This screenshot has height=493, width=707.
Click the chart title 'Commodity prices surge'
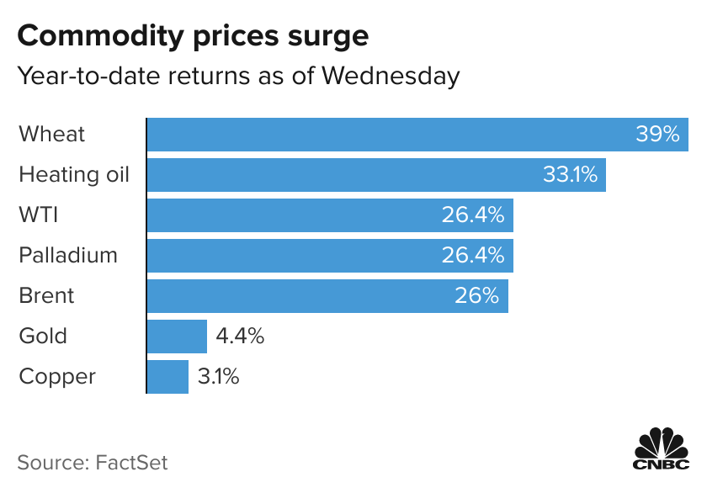pyautogui.click(x=193, y=36)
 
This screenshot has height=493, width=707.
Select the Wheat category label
pyautogui.click(x=52, y=134)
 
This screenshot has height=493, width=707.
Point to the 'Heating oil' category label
pyautogui.click(x=74, y=174)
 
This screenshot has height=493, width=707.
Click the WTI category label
pyautogui.click(x=39, y=215)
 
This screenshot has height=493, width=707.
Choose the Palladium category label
pyautogui.click(x=68, y=255)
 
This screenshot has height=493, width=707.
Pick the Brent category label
pyautogui.click(x=46, y=295)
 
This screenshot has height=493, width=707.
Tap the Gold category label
pyautogui.click(x=43, y=336)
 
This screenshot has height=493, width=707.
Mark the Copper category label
pyautogui.click(x=57, y=376)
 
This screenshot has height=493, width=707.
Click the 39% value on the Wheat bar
pyautogui.click(x=657, y=134)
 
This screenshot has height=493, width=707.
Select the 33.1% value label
pyautogui.click(x=570, y=174)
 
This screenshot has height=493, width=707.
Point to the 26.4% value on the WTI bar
pyautogui.click(x=473, y=215)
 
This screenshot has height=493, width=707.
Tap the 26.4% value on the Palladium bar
pyautogui.click(x=473, y=255)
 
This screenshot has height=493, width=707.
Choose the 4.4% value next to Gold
pyautogui.click(x=240, y=336)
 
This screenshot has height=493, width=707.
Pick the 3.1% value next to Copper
pyautogui.click(x=219, y=376)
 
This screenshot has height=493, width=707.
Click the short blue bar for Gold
pyautogui.click(x=177, y=336)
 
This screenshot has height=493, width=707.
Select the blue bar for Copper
pyautogui.click(x=167, y=376)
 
